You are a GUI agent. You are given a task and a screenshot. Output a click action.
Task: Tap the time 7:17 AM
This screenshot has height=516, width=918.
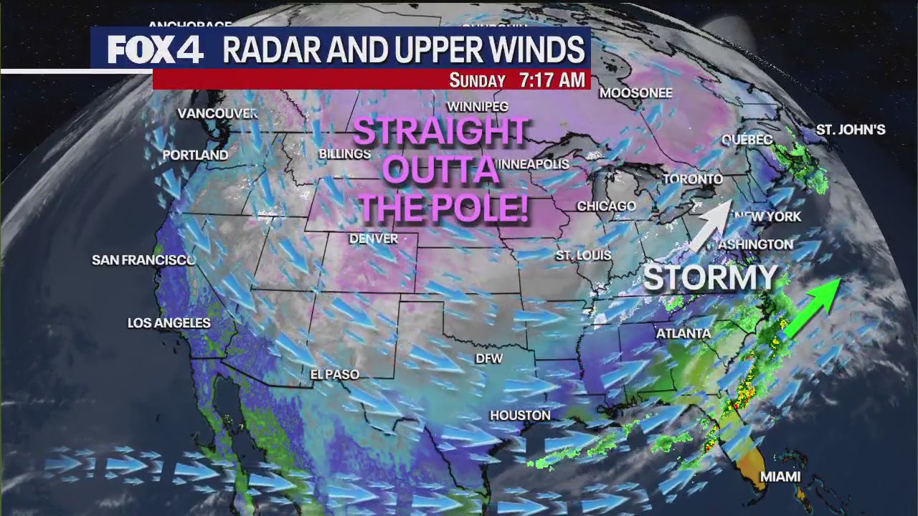(x=552, y=80)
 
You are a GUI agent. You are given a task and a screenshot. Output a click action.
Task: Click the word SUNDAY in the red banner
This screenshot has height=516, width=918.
(x=477, y=80)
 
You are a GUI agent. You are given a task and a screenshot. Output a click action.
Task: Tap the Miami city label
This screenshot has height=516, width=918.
(x=780, y=477)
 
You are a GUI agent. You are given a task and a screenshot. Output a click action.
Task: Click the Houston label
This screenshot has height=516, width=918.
(x=520, y=415)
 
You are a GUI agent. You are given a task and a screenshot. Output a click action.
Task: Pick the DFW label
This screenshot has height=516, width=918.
(x=489, y=358)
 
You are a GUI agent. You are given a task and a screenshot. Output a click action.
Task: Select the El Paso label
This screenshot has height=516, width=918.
(x=334, y=374)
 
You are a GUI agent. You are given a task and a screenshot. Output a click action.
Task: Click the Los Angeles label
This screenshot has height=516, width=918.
(x=169, y=323)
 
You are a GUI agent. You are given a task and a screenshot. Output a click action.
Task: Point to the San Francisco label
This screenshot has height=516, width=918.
(x=143, y=260)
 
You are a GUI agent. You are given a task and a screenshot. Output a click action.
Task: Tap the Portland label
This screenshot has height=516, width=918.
(x=195, y=155)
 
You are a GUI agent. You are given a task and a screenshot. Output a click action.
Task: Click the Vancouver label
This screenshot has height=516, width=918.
(x=217, y=113)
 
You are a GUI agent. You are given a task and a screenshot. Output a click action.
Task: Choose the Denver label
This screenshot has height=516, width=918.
(x=373, y=239)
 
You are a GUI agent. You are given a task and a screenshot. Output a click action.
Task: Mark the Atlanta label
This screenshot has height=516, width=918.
(x=683, y=333)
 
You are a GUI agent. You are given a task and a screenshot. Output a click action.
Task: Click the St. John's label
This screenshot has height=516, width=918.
(x=851, y=130)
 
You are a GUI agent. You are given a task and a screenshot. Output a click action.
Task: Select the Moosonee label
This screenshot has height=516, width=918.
(x=635, y=92)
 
